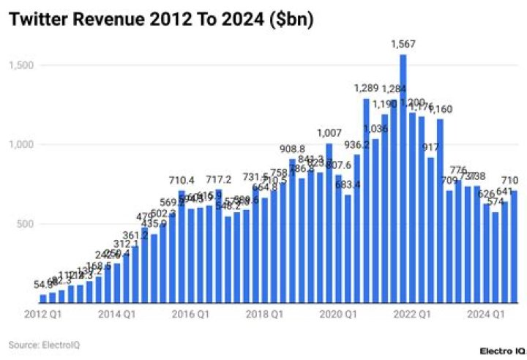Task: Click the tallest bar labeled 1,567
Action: point(403,179)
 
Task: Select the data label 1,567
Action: point(403,45)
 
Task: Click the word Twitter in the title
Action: point(41,20)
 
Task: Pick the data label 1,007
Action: point(329,133)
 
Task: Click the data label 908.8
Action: point(292,149)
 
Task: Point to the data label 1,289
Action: point(366,89)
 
